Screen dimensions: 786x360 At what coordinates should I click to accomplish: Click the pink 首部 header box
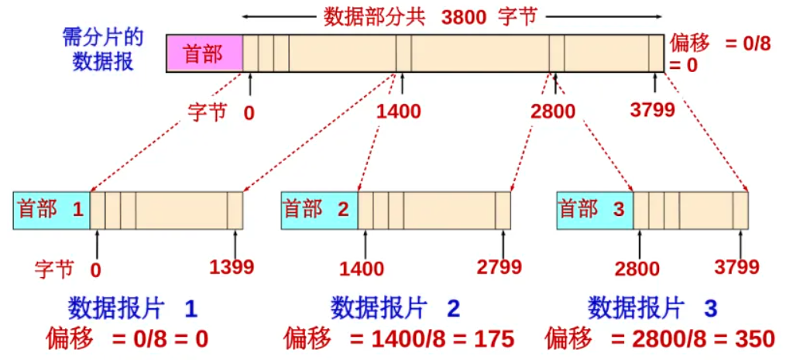pos(204,54)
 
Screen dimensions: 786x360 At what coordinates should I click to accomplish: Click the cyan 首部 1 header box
pos(51,209)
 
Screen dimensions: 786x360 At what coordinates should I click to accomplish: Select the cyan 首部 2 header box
pos(319,209)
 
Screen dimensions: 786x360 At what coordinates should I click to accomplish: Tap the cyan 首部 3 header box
pos(595,209)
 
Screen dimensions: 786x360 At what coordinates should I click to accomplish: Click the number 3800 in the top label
pos(464,17)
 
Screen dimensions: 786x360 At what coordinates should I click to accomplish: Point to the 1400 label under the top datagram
pos(399,111)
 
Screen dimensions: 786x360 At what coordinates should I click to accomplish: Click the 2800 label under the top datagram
pos(554,111)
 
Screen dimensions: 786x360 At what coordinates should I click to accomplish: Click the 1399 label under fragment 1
pos(232,268)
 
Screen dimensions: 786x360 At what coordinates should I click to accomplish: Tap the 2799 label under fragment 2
pos(499,268)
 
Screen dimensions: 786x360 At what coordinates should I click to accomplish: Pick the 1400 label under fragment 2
pos(362,269)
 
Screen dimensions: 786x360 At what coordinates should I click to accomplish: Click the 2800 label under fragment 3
pos(637,269)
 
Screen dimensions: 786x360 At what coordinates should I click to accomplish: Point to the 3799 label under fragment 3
pos(737,268)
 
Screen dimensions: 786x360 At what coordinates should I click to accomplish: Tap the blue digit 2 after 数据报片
pos(453,310)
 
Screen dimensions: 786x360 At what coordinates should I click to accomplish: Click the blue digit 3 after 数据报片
pos(710,310)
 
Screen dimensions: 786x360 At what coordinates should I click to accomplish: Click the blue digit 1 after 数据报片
pos(190,310)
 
